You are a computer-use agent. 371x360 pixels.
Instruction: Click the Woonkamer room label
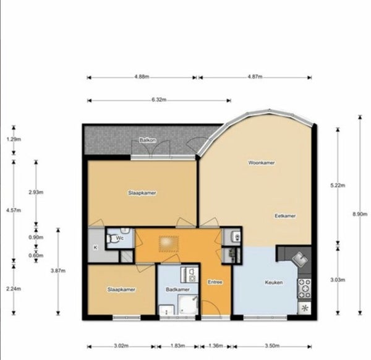262,163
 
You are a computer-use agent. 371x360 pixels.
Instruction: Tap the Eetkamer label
285,216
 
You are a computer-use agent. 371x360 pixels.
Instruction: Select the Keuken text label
274,282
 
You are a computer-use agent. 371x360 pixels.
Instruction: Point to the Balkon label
148,140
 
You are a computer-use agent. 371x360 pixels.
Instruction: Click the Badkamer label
177,289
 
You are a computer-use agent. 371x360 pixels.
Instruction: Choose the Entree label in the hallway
215,282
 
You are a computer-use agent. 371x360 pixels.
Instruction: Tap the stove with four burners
304,288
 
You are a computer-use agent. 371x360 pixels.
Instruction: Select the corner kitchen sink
299,259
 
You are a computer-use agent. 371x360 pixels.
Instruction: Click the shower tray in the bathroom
187,304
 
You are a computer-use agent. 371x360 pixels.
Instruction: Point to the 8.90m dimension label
360,214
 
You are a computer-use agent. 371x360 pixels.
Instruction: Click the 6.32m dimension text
159,100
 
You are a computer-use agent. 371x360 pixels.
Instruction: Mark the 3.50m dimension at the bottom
272,346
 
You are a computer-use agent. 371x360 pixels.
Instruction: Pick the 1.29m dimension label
14,139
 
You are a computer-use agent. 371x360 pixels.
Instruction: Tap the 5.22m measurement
338,186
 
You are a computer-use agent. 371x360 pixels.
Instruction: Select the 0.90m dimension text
36,237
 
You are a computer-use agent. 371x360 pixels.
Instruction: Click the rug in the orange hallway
169,244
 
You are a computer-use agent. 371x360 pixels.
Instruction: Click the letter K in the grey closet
96,247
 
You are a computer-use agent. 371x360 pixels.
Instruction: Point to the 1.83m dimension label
177,346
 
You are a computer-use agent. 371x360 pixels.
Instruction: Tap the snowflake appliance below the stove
304,308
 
